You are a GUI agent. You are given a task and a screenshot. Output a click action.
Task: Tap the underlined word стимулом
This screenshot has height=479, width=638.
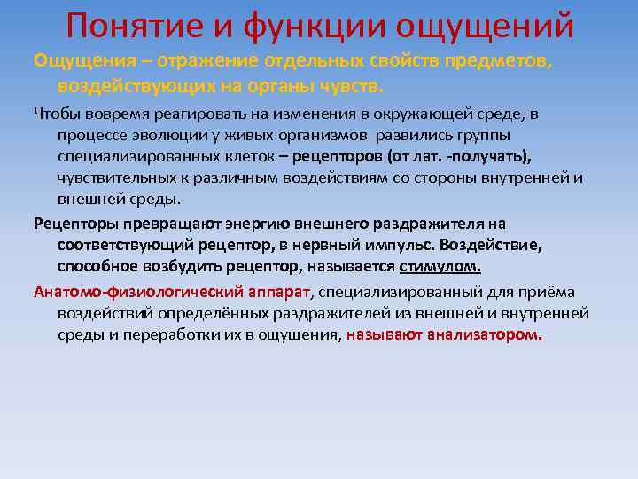pyautogui.click(x=441, y=265)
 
